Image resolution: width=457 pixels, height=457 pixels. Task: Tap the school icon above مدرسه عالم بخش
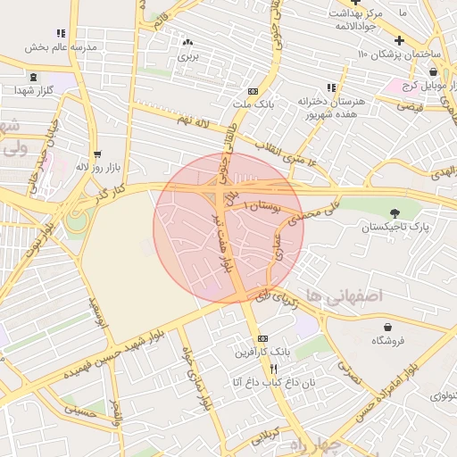(x=61, y=33)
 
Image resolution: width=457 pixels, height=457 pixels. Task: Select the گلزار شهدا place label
(x=36, y=91)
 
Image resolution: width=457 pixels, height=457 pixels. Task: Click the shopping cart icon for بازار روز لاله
(x=96, y=154)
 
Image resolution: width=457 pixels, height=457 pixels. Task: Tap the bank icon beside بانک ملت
(x=253, y=91)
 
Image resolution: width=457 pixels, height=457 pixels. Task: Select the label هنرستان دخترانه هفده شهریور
(x=328, y=108)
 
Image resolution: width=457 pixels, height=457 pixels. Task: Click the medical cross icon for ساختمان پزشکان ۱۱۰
(x=399, y=40)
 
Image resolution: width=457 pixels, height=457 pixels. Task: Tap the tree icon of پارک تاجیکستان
(x=395, y=212)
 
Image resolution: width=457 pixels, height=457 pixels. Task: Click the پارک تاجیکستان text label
(x=395, y=228)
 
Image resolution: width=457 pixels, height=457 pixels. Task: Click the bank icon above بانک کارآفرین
(x=262, y=339)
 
